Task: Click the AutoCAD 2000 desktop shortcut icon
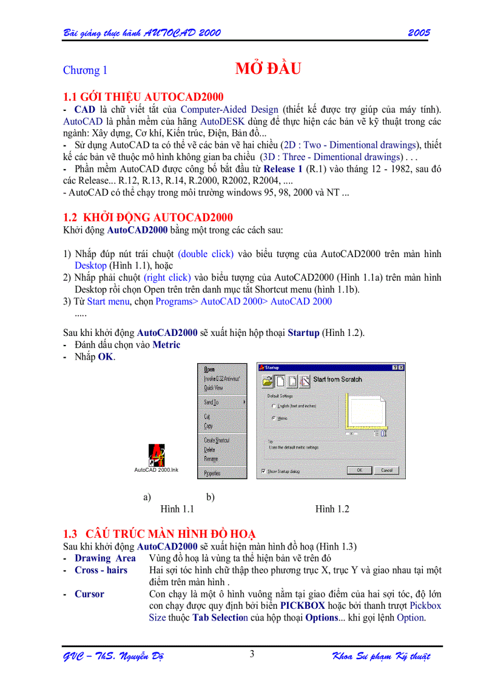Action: (x=157, y=455)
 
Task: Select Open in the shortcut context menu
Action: (x=209, y=369)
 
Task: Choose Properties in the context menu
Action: (x=212, y=473)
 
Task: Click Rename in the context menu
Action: (x=210, y=459)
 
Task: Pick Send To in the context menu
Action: (x=212, y=402)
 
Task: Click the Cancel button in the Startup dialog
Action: (x=386, y=471)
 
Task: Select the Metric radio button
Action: (x=274, y=418)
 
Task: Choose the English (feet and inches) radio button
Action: (x=274, y=406)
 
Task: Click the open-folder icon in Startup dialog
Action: (x=266, y=381)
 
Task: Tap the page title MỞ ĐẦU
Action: (x=268, y=69)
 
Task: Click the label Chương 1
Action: (x=85, y=70)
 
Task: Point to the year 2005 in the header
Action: (x=419, y=32)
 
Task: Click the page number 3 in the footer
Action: (x=252, y=654)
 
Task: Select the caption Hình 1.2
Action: (x=332, y=509)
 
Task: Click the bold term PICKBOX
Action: (x=302, y=606)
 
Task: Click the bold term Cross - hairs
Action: (x=101, y=570)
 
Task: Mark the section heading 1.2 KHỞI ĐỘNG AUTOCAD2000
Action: (x=148, y=218)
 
